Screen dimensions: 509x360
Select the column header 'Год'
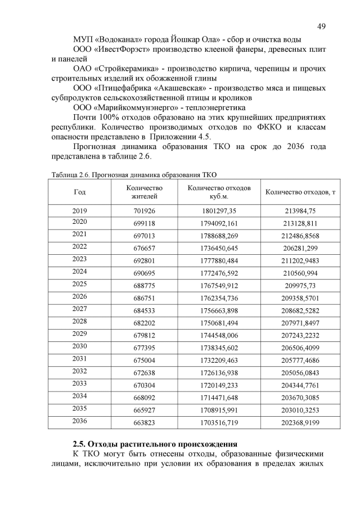pos(80,192)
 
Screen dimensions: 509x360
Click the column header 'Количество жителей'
pos(145,192)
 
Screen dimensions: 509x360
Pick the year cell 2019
pos(80,210)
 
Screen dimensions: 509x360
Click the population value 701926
pos(145,210)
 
